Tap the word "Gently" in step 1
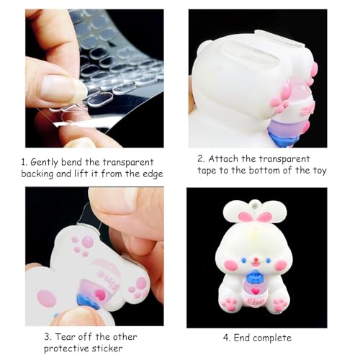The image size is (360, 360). [x=58, y=163]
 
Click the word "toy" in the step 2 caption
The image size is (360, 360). [x=317, y=170]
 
